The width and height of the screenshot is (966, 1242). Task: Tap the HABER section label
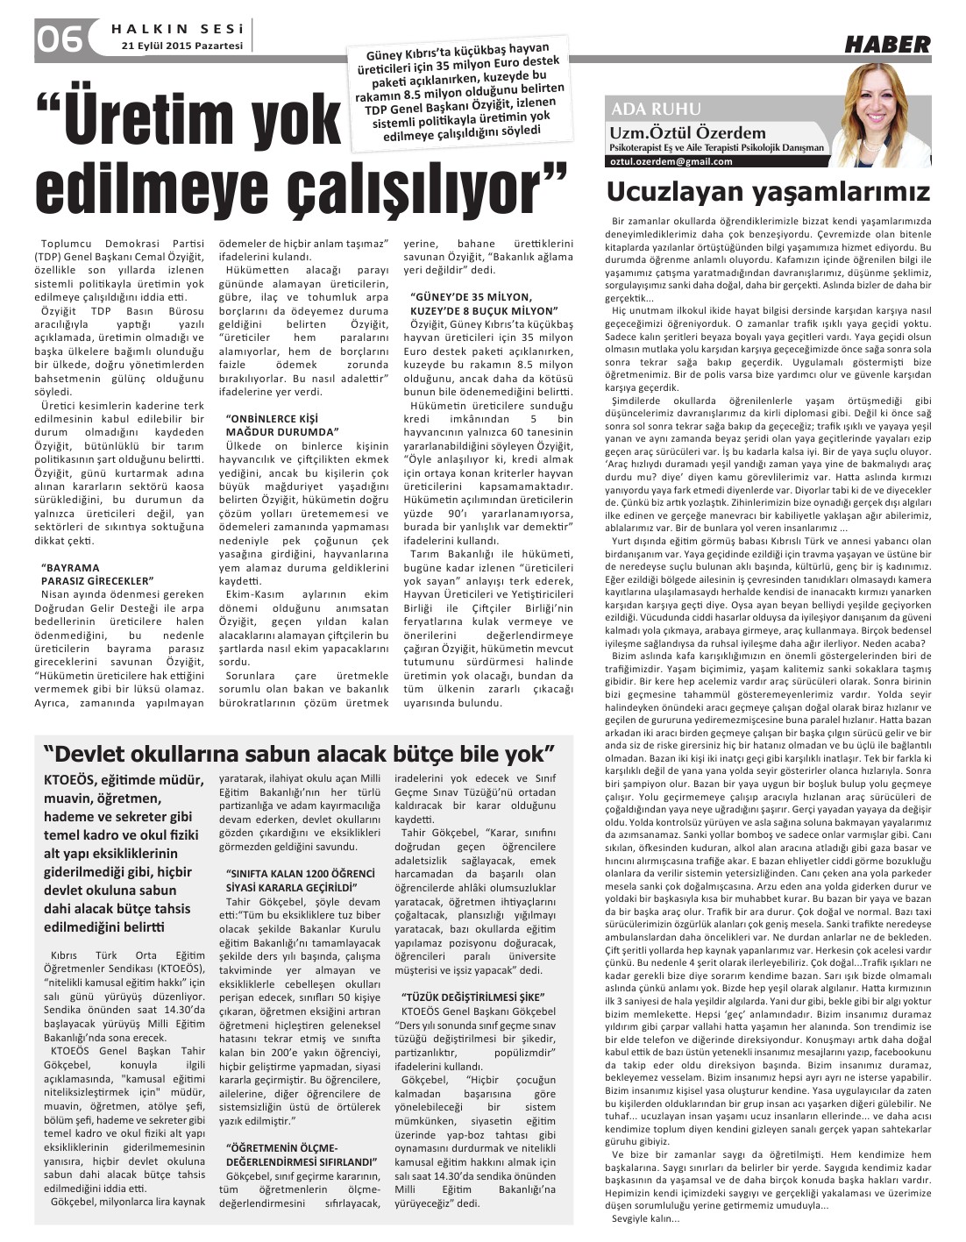click(887, 45)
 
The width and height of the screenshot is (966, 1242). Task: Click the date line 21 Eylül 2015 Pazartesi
click(182, 46)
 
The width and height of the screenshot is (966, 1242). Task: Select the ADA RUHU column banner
click(657, 110)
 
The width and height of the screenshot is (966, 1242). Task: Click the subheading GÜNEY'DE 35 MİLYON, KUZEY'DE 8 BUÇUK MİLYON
click(483, 305)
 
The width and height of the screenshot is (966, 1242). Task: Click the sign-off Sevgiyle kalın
click(643, 1219)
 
